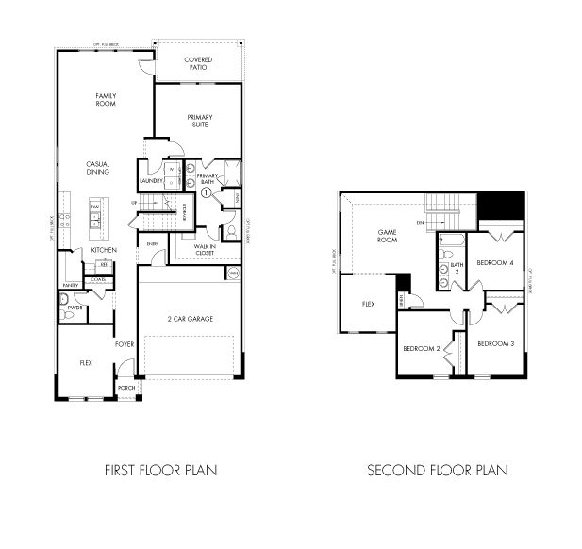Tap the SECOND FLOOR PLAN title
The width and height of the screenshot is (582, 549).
click(x=438, y=469)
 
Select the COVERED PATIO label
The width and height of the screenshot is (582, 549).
click(x=198, y=63)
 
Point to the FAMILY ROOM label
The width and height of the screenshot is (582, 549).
click(x=105, y=99)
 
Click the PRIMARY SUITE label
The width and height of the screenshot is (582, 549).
click(x=199, y=121)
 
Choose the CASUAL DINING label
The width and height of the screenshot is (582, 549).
click(x=98, y=168)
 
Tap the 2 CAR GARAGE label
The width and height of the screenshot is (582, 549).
click(x=190, y=319)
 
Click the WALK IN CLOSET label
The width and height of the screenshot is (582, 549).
click(x=205, y=249)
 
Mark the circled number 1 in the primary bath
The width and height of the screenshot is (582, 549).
click(x=206, y=191)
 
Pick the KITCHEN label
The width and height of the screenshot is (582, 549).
click(x=104, y=249)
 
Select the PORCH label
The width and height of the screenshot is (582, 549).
click(x=126, y=388)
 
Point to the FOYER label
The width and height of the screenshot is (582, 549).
click(x=125, y=344)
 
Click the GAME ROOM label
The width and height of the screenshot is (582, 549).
click(x=388, y=236)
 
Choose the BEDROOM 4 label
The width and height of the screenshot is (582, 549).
click(x=494, y=263)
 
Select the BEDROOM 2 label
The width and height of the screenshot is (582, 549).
click(x=421, y=348)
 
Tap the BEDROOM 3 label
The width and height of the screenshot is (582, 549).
click(x=494, y=343)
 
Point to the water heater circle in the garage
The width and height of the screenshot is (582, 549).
click(x=234, y=273)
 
